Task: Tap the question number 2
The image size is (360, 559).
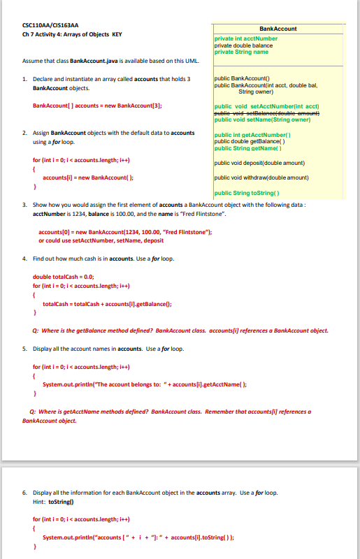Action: point(24,132)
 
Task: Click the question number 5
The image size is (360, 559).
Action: point(24,349)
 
